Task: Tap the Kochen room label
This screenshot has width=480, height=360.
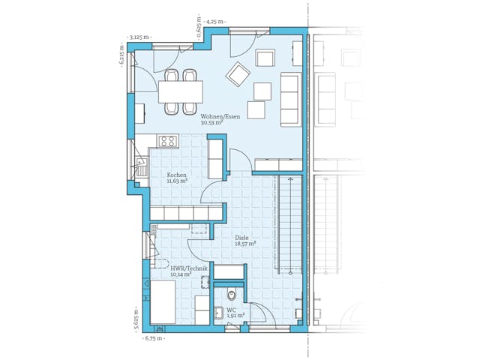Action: (176, 175)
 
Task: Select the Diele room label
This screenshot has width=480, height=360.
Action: (241, 238)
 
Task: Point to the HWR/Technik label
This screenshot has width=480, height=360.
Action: (188, 268)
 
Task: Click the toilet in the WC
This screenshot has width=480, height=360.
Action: (232, 295)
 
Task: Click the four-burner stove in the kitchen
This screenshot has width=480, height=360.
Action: (166, 140)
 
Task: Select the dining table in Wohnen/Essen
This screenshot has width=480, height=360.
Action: (180, 91)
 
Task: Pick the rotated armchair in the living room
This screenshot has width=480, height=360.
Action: (239, 73)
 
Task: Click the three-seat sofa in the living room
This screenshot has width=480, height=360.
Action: (289, 99)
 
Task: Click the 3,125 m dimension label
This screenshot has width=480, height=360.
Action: (139, 36)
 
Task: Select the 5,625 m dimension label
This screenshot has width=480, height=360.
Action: (136, 319)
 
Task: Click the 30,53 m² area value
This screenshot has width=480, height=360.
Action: (211, 123)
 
